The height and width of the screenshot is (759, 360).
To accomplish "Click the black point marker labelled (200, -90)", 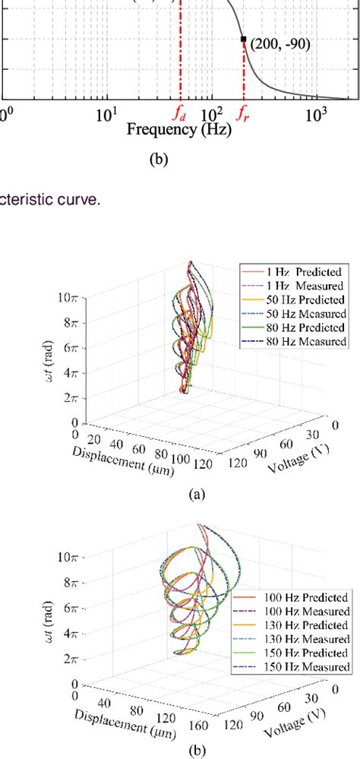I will click(x=243, y=39).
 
